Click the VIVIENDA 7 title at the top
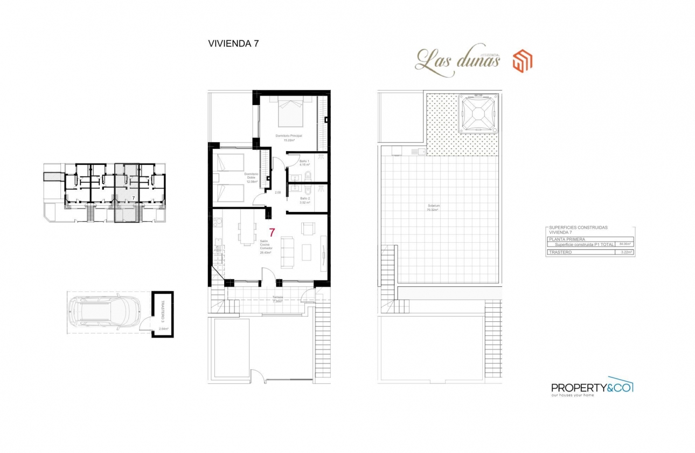(x=233, y=44)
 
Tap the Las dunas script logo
(x=458, y=60)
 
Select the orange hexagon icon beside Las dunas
(x=522, y=60)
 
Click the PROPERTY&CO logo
(x=592, y=387)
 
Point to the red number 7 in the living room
(x=272, y=233)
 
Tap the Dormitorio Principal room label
(x=288, y=135)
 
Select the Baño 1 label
(x=304, y=162)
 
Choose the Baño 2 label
(x=304, y=198)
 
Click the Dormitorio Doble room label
(x=252, y=176)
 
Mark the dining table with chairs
(x=246, y=234)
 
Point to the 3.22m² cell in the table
(x=625, y=252)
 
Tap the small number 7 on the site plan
(x=133, y=198)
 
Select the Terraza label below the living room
(x=277, y=297)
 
